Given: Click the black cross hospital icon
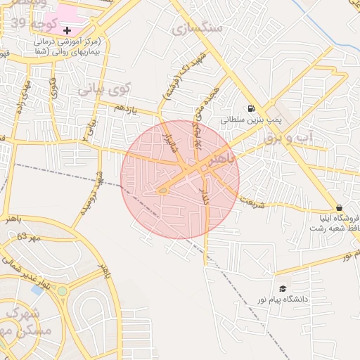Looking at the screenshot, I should pos(67,31).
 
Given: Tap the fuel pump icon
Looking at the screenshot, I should pos(251,108).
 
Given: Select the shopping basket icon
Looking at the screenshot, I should pos(340,208).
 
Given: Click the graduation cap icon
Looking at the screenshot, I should pos(283,288).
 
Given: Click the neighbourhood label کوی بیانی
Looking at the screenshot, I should pos(104,90).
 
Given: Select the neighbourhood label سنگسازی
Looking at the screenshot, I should pos(197,29).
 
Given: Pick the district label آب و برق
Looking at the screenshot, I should pos(285,138).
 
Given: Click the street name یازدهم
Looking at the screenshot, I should pos(124,107).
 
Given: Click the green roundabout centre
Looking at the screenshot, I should pos(63,290).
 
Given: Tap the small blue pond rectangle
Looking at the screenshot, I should pos(36,290).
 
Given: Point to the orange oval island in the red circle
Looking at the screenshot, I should pos(162,190).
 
